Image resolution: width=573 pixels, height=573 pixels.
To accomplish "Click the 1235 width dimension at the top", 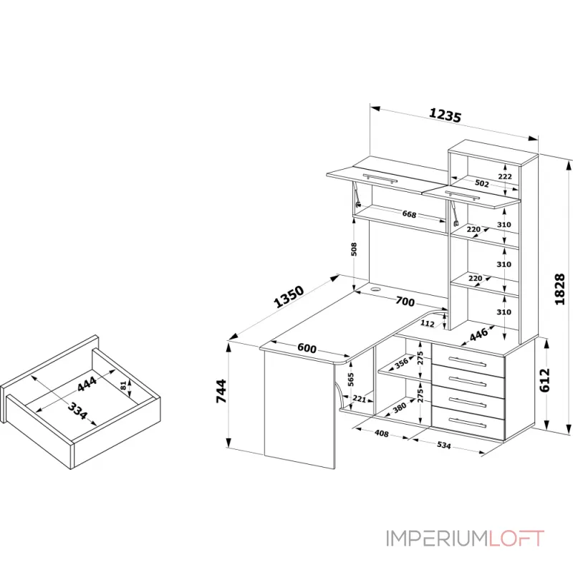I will point(444,115).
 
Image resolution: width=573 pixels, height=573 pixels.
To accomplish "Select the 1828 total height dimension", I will point(560,289).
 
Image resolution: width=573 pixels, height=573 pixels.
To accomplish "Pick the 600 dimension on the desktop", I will point(307,348).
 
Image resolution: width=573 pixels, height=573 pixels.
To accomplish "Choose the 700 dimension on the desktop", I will point(405,301).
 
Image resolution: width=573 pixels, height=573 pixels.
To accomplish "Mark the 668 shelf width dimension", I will point(409,214).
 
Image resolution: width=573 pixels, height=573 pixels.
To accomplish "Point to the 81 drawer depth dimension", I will point(123,385).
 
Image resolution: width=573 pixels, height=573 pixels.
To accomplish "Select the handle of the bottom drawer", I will point(468,425).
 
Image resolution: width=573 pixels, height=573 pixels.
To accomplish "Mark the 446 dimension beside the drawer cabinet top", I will point(478,334).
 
